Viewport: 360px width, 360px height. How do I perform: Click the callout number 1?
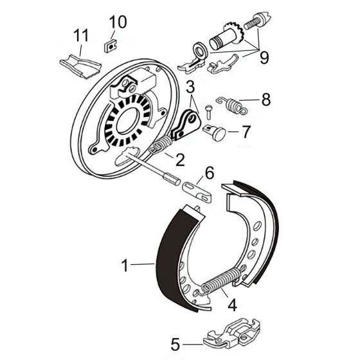click(x=126, y=264)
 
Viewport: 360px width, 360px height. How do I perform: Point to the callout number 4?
click(x=233, y=305)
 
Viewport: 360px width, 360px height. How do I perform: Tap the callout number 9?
click(x=264, y=57)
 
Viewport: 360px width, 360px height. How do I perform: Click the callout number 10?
click(x=118, y=22)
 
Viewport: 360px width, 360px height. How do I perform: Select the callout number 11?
click(x=80, y=35)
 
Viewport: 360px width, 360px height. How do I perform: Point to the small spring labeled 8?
click(x=234, y=103)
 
